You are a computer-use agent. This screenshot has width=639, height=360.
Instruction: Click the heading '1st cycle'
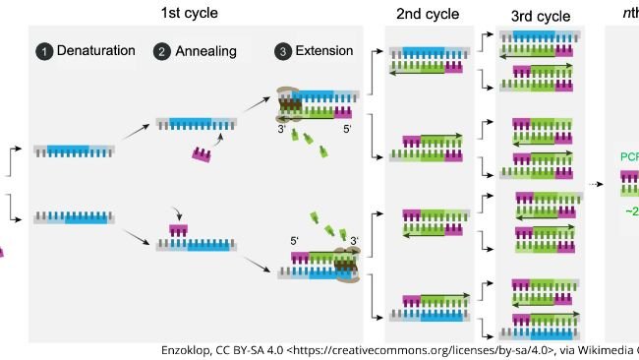[190, 13]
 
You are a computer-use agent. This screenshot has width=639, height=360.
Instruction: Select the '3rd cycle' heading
[540, 17]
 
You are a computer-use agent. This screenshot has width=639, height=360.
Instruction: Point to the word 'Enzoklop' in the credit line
[189, 350]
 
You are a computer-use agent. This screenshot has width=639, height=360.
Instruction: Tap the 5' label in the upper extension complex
[345, 128]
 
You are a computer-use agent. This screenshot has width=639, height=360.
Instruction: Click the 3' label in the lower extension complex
[354, 239]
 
